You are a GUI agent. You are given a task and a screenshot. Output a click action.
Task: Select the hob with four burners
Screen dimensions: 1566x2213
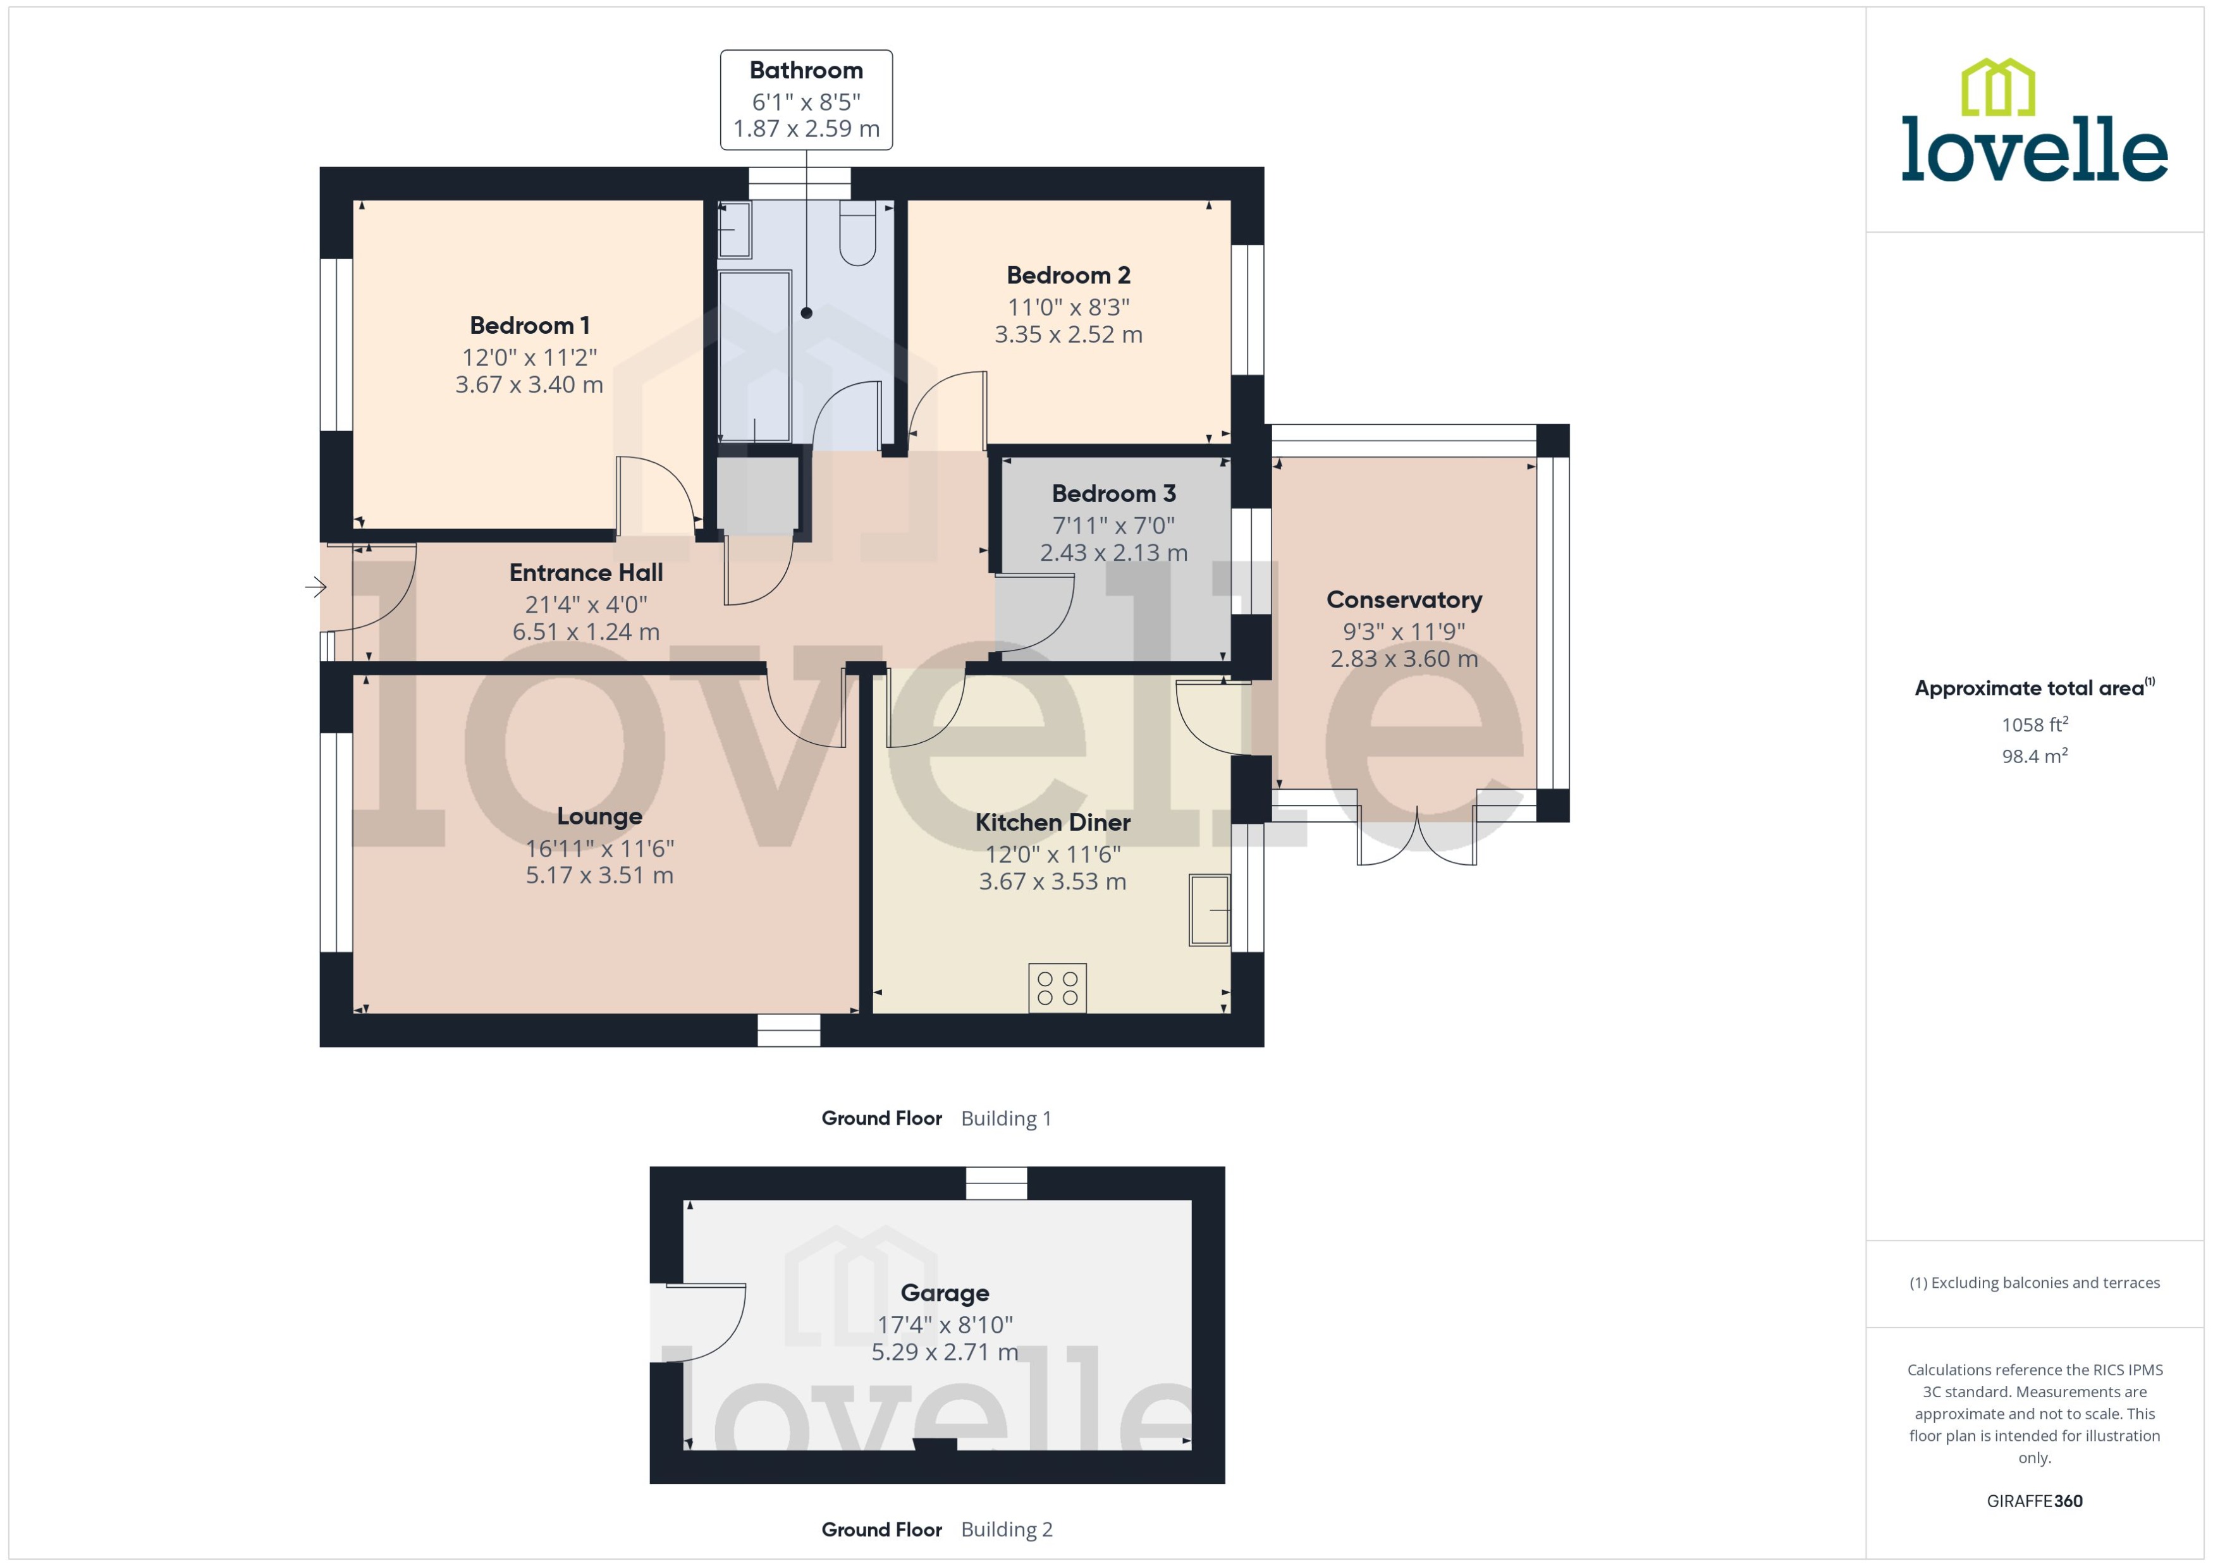[1057, 988]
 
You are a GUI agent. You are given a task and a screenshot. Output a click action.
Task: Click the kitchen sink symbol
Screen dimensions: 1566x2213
[1209, 909]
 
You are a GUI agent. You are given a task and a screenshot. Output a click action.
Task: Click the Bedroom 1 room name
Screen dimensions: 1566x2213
[529, 326]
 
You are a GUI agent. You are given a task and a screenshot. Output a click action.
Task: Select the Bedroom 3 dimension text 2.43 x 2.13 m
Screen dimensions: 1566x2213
[1113, 553]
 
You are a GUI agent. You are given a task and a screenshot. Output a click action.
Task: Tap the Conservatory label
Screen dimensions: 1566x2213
[1404, 600]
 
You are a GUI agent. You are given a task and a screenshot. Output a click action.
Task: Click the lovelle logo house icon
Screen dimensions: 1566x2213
[1998, 88]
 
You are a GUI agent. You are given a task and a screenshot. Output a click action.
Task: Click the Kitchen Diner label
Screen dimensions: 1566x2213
[1052, 823]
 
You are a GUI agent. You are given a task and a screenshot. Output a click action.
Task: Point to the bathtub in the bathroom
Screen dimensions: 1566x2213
[754, 357]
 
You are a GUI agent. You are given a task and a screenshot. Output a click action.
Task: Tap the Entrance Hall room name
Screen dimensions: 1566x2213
[585, 573]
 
